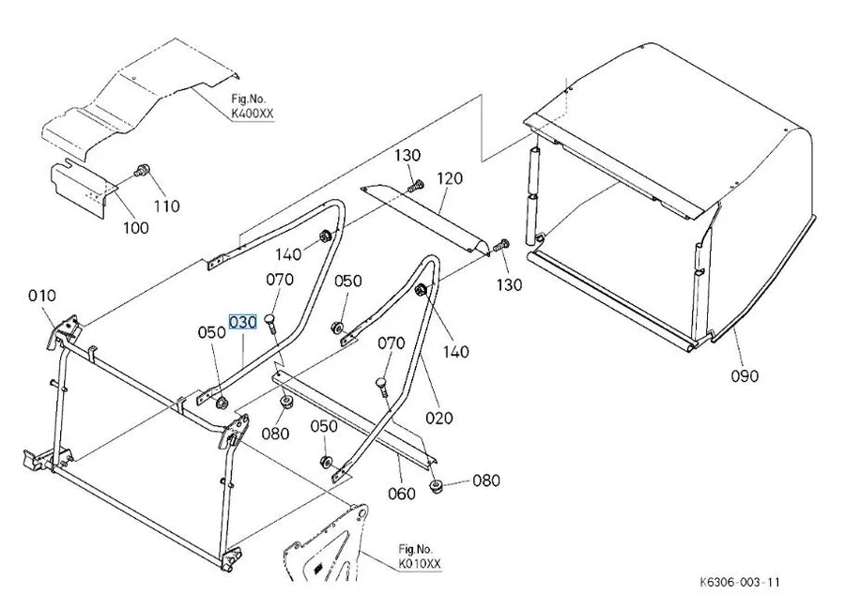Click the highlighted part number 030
243,322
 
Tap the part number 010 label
42,296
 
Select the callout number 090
745,375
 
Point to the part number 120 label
450,178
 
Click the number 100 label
136,227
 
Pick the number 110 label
166,206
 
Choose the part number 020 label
439,418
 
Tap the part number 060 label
402,494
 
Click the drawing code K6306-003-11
740,582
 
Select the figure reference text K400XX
253,114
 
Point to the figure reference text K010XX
420,564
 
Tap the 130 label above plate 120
407,156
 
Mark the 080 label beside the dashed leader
486,481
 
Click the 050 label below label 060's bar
324,426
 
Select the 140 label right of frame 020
456,352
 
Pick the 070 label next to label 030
280,280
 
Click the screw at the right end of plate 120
501,245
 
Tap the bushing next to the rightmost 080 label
437,486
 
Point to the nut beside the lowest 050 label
326,462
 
